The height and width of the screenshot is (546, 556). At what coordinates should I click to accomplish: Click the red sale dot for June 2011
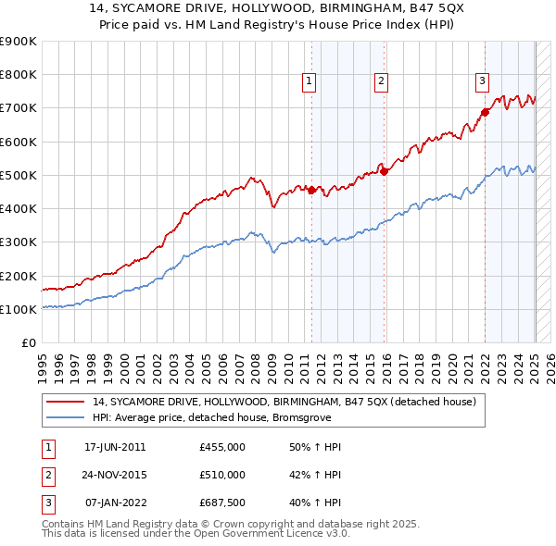click(311, 190)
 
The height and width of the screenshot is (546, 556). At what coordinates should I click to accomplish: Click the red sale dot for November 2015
click(385, 171)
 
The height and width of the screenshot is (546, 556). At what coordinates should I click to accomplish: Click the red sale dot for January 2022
click(485, 113)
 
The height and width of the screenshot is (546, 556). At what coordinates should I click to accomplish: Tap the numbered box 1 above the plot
click(309, 81)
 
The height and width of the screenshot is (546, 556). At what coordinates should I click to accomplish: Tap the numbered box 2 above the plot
click(381, 81)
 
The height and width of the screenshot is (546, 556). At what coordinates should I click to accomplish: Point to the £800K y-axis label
click(18, 75)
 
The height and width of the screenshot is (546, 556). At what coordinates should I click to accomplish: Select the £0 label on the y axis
click(28, 342)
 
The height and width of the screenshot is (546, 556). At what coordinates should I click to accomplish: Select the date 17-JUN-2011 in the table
click(115, 447)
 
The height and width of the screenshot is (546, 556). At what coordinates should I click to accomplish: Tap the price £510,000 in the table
click(222, 475)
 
